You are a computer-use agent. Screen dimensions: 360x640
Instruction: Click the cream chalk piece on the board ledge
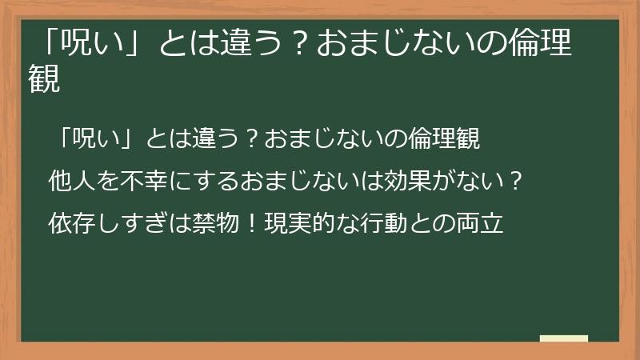point(564,338)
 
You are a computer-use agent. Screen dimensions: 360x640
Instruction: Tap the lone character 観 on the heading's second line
point(45,80)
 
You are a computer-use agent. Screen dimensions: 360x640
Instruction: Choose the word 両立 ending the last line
point(481,223)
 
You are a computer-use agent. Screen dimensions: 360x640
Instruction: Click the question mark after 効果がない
point(517,182)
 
